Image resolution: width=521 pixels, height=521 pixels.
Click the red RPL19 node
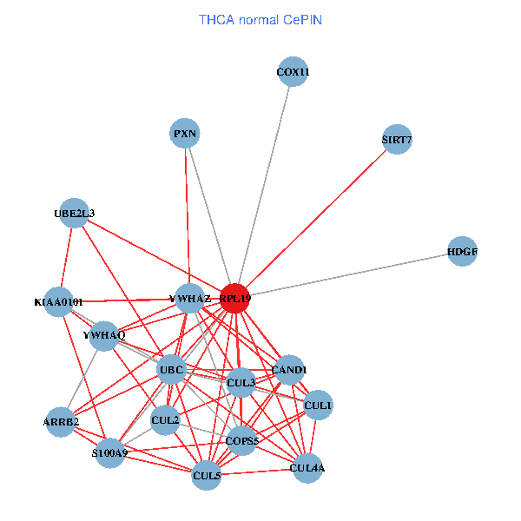tap(234, 298)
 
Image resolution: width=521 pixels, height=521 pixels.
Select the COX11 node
tap(293, 72)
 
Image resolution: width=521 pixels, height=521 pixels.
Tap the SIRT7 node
tap(397, 140)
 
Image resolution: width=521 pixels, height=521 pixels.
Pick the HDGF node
tap(463, 252)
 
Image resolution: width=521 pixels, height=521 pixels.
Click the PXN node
tap(185, 134)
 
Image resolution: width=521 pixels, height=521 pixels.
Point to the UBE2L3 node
tap(75, 213)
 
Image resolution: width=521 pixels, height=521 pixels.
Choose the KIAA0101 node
tap(59, 302)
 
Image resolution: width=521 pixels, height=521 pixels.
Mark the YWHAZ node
tap(189, 299)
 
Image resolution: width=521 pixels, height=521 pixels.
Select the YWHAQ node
tap(104, 335)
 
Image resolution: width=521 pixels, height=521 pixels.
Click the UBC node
tap(171, 371)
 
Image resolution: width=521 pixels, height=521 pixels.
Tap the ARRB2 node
tap(62, 422)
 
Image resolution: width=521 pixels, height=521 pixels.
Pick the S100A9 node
tap(110, 452)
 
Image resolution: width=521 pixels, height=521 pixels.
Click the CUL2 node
tap(165, 421)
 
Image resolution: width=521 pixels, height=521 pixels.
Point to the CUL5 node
tap(207, 475)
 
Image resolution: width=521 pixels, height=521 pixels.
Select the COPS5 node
tap(241, 441)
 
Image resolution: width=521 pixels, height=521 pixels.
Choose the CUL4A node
tap(307, 469)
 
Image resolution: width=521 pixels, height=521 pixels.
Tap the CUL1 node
tap(318, 406)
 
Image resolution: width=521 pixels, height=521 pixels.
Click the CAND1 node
tap(289, 371)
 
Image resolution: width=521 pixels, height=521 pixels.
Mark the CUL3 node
tap(241, 382)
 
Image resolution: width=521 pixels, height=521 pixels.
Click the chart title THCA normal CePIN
tap(260, 19)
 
